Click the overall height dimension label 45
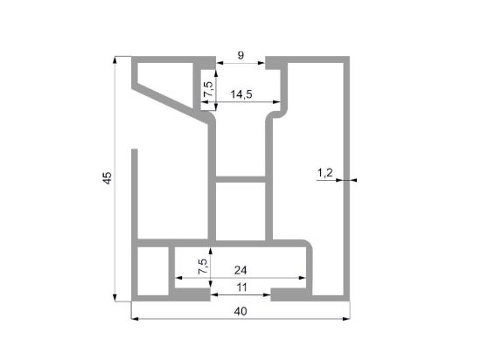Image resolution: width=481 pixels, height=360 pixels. pos(107,178)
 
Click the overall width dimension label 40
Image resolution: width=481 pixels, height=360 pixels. pos(240,311)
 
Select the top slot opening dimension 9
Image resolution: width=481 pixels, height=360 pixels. pos(240,55)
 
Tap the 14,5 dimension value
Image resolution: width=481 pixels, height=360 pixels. pos(241,94)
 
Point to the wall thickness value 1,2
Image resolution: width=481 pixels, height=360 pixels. pos(324,173)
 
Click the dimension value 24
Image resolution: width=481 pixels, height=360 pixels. pos(240,270)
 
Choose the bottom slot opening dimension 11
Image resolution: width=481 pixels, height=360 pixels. pos(241,287)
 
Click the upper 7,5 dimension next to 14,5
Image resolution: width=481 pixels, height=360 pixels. pos(208,89)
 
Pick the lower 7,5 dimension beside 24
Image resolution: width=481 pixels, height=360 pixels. pos(203,267)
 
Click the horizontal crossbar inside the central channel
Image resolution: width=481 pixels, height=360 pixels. pos(240,179)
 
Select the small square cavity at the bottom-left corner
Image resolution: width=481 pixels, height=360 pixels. pos(153,271)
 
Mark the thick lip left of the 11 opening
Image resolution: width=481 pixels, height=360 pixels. pos(192,294)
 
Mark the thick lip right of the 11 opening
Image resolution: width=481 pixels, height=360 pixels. pos(289,294)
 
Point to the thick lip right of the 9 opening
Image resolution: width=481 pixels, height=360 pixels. pos(273,63)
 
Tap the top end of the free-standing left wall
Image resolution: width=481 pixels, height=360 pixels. pos(135,149)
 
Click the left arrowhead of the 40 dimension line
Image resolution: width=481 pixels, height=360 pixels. pos(135,319)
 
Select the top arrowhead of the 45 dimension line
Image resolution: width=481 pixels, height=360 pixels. pos(115,60)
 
